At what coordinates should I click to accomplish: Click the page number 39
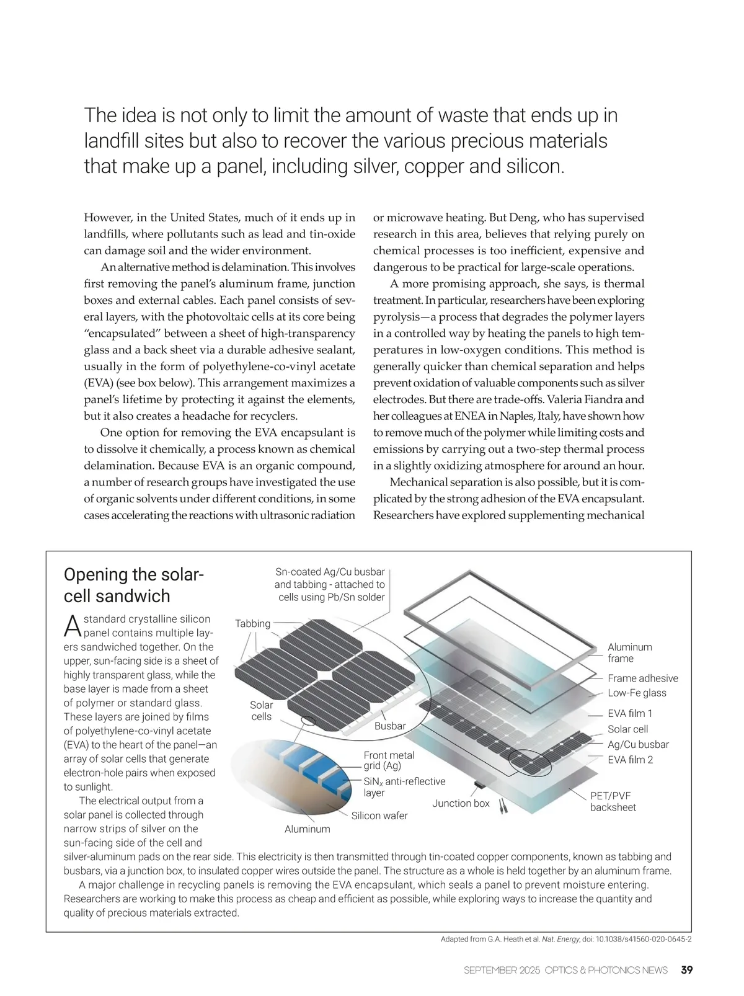point(686,970)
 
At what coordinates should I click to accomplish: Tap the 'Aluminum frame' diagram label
point(629,652)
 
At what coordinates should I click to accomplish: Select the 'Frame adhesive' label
point(642,678)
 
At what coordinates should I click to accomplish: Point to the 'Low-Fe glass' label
point(637,693)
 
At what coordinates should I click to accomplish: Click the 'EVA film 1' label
point(630,713)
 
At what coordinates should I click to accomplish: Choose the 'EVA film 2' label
point(630,760)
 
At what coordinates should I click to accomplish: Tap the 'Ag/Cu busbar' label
point(638,744)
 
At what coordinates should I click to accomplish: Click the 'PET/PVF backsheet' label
point(613,801)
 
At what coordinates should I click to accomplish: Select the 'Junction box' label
point(461,803)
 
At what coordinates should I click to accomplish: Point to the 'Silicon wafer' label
point(379,816)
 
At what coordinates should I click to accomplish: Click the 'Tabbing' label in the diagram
point(253,623)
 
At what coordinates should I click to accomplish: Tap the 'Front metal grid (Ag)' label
point(389,760)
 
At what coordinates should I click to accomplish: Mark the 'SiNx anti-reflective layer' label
point(404,787)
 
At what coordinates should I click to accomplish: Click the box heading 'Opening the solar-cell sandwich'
point(133,585)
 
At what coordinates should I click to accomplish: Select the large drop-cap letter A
point(72,626)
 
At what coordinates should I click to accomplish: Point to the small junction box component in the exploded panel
point(479,785)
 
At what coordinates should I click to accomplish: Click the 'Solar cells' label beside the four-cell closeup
point(261,711)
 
